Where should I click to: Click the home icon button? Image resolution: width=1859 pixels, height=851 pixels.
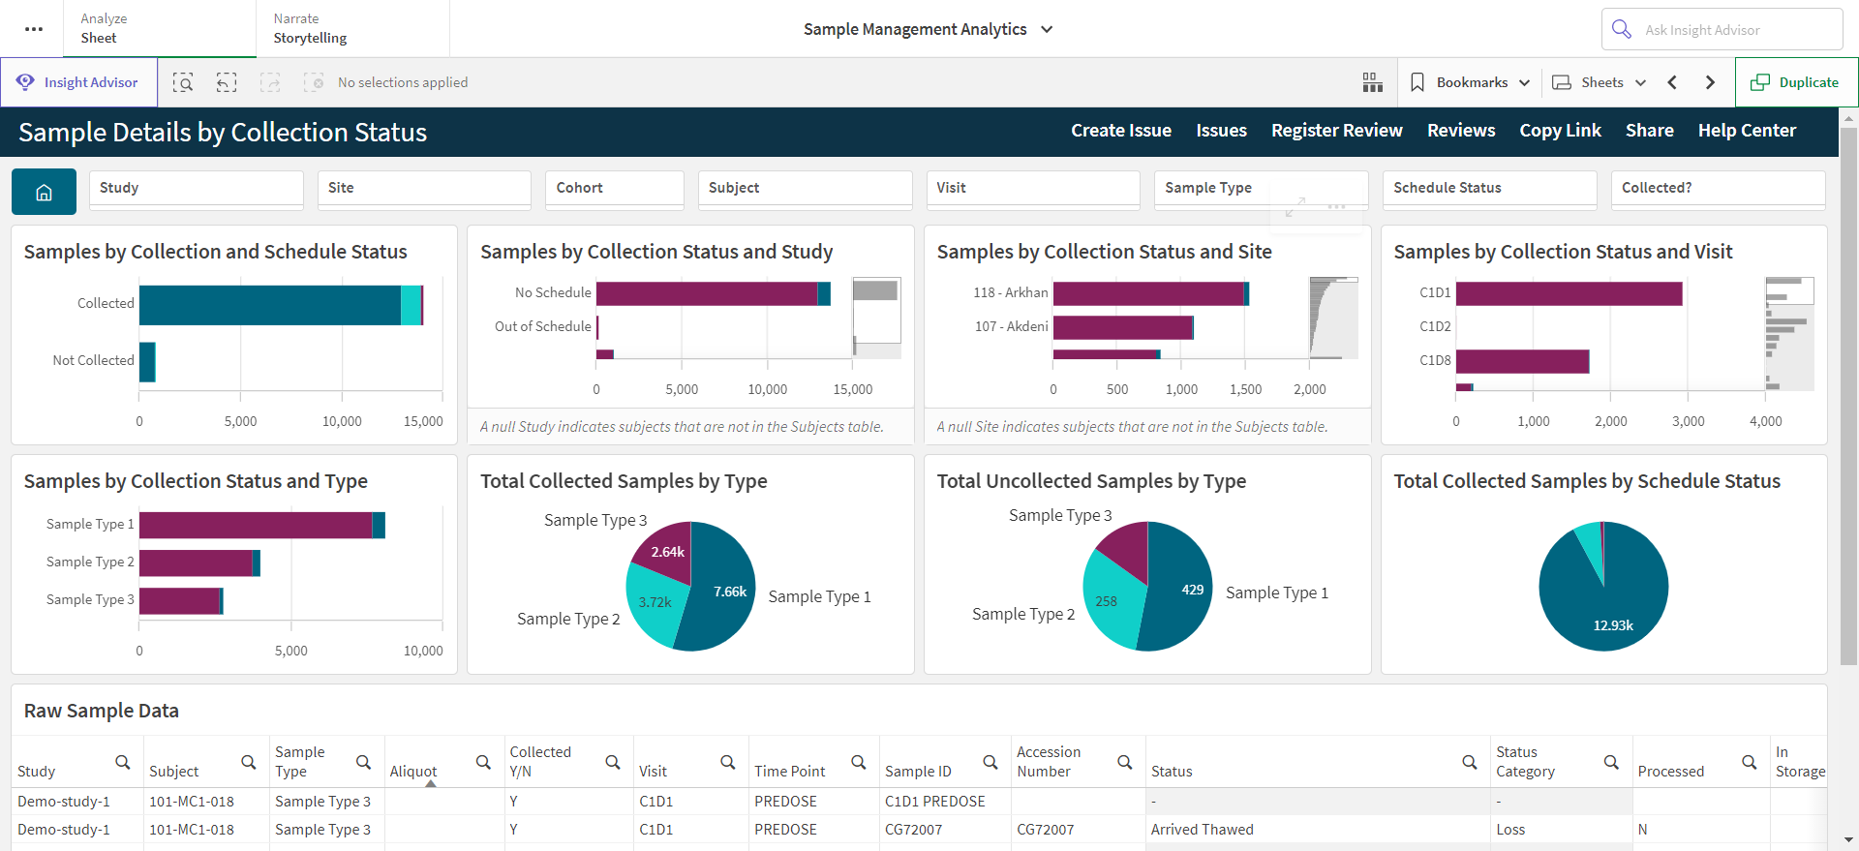pos(44,192)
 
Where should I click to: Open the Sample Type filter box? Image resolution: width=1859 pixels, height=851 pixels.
pos(1261,189)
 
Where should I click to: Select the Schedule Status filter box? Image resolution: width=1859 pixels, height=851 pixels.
pos(1489,189)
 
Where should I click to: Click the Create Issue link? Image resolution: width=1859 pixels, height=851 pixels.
pos(1121,131)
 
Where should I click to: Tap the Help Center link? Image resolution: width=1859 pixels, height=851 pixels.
pos(1747,131)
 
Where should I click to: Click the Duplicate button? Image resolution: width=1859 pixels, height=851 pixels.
pos(1796,82)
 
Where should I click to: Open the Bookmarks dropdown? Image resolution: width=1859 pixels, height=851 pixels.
pos(1470,82)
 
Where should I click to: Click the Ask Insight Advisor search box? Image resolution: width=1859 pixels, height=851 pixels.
pos(1722,29)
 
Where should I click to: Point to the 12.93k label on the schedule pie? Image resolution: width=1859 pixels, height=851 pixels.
pos(1613,625)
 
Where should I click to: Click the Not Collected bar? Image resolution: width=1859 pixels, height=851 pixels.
pos(147,362)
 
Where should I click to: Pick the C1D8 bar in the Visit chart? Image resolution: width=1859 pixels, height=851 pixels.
pos(1522,361)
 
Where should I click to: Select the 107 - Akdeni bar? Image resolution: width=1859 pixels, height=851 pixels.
pos(1123,327)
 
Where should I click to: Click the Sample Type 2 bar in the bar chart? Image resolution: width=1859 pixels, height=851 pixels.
pos(199,562)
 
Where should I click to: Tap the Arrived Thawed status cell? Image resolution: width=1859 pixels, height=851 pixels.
pos(1202,830)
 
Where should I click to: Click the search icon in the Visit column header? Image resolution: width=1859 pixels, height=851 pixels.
pos(728,763)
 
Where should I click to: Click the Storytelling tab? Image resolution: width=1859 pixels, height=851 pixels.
pos(310,38)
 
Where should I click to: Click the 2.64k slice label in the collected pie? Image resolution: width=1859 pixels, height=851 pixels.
pos(667,552)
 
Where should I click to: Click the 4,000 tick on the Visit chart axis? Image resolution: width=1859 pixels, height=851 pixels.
pos(1765,421)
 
